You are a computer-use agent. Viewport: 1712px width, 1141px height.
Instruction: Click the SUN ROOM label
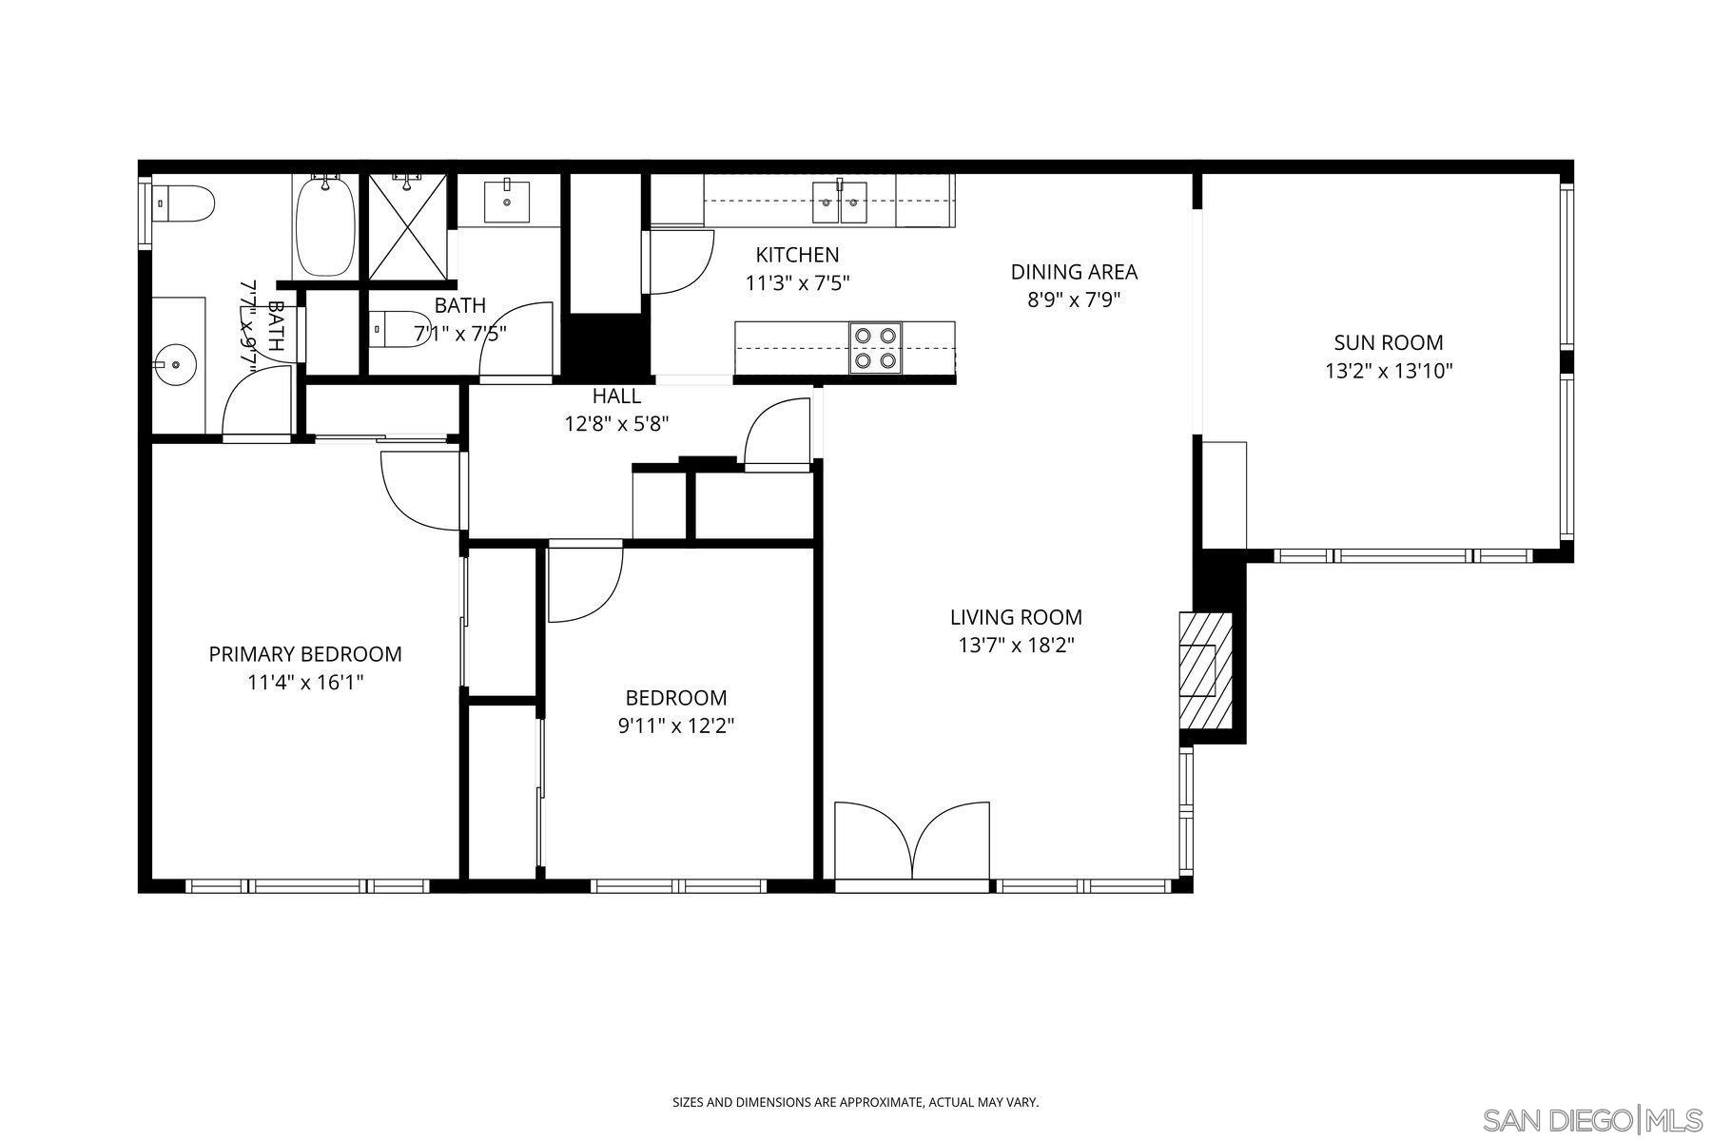click(1388, 342)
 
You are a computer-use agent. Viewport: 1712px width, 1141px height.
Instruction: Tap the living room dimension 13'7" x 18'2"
click(1016, 646)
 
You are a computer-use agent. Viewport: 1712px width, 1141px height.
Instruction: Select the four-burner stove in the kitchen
click(875, 347)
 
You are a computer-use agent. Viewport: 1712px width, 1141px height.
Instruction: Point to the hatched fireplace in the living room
click(1205, 670)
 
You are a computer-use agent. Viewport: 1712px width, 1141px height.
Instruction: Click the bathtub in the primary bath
click(325, 225)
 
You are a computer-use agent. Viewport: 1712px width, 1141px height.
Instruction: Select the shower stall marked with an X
click(406, 226)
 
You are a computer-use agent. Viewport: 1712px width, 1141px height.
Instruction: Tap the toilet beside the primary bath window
click(185, 203)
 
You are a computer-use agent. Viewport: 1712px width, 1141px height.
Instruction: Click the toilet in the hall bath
click(399, 328)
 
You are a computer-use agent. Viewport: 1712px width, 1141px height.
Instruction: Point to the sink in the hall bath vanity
click(507, 200)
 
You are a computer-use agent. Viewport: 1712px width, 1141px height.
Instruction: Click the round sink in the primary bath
click(177, 363)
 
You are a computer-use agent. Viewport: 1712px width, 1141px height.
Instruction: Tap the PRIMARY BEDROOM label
click(305, 654)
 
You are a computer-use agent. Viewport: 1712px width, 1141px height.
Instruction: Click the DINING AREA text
click(1074, 272)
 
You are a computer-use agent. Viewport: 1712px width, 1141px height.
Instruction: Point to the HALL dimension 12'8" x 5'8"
click(616, 423)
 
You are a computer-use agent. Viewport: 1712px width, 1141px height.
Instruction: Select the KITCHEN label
click(797, 255)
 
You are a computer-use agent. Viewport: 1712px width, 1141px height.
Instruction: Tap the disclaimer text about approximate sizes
click(855, 1103)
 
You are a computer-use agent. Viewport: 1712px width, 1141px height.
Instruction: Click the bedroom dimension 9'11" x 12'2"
click(676, 726)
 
